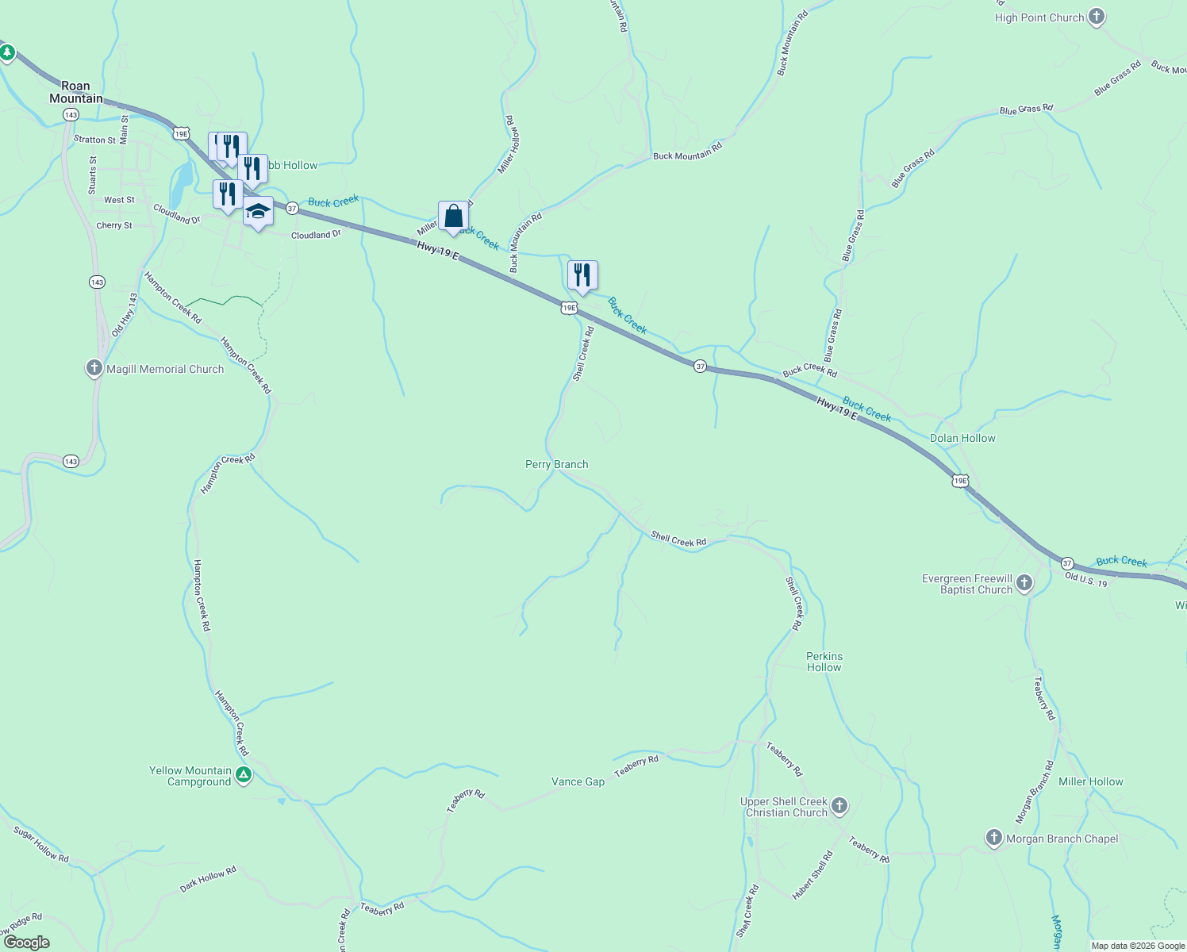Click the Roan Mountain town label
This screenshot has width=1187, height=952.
(x=76, y=92)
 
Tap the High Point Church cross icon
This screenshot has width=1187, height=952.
(x=1097, y=17)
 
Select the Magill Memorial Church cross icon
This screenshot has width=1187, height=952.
(x=94, y=368)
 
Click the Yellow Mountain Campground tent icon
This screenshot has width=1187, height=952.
(x=244, y=775)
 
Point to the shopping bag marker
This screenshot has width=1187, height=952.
(x=453, y=216)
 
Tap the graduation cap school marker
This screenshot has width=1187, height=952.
(x=258, y=212)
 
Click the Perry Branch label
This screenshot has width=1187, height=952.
(x=557, y=464)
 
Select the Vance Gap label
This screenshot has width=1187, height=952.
(x=578, y=781)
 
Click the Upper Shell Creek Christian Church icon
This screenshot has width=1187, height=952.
(x=839, y=806)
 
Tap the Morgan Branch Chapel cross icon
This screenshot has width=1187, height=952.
(x=993, y=838)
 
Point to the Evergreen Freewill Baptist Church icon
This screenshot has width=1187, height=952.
(x=1024, y=584)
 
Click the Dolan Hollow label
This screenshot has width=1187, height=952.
(x=962, y=438)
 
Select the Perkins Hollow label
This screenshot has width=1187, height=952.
(x=824, y=662)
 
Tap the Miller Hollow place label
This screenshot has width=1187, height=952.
(x=1091, y=781)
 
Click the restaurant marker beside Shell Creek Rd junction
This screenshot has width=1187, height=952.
(x=582, y=275)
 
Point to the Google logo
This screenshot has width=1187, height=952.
(x=26, y=942)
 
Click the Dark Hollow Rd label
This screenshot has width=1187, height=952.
(x=208, y=880)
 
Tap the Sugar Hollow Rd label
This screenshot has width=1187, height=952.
(x=41, y=843)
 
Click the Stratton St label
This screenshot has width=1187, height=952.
(x=94, y=140)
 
